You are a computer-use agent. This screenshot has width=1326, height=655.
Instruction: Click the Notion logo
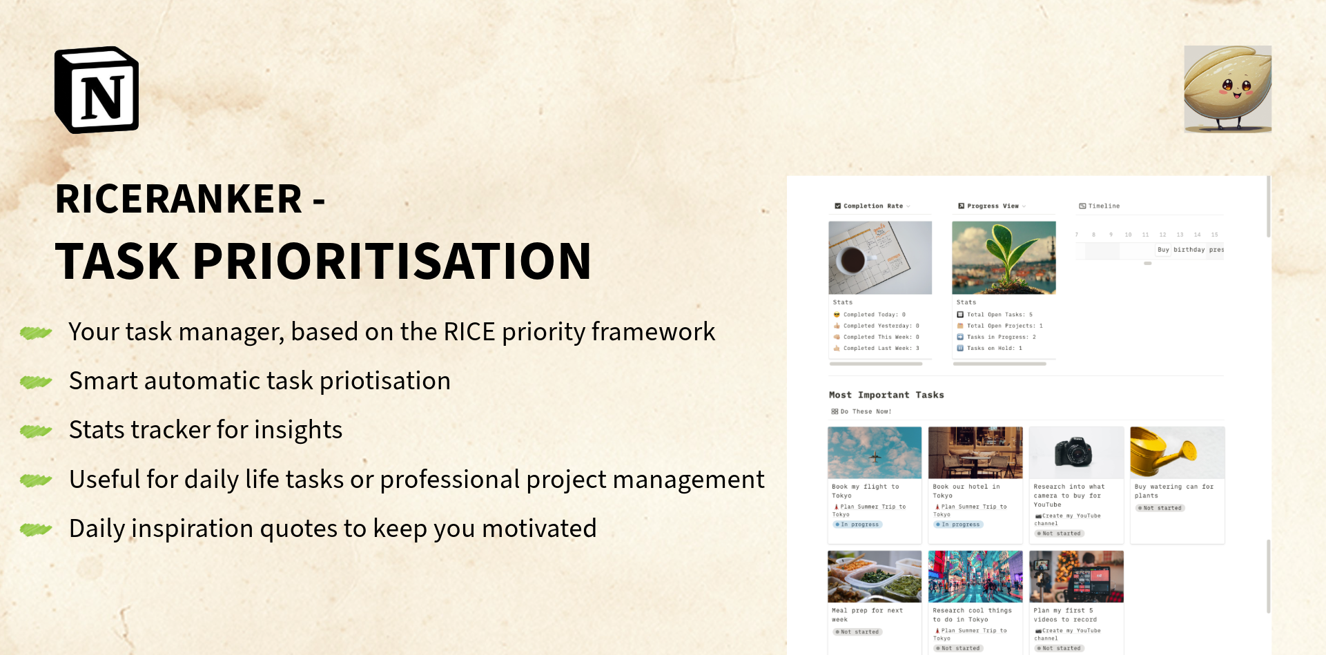(97, 90)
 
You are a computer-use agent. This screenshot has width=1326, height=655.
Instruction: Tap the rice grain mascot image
(1227, 88)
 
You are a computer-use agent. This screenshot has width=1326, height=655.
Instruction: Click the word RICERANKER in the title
(178, 199)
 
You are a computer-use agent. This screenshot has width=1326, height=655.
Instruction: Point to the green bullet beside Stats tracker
(36, 431)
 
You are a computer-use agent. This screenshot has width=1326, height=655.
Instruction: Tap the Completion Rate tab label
(872, 206)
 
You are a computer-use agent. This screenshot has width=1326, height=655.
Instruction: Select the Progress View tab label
(992, 206)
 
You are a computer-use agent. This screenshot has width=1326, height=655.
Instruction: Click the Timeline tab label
(1103, 206)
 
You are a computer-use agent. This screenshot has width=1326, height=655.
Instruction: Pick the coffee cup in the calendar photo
(852, 260)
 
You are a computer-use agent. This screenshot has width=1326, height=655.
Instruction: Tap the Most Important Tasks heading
(886, 395)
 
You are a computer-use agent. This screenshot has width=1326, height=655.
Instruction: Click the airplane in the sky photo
(875, 456)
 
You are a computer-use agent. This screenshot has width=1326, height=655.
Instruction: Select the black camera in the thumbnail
(1073, 453)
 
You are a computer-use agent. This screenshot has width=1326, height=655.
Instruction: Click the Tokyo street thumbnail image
(975, 576)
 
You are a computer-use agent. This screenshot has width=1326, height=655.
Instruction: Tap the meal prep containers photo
(875, 576)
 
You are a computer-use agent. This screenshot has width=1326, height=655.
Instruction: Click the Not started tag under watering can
(1160, 508)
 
